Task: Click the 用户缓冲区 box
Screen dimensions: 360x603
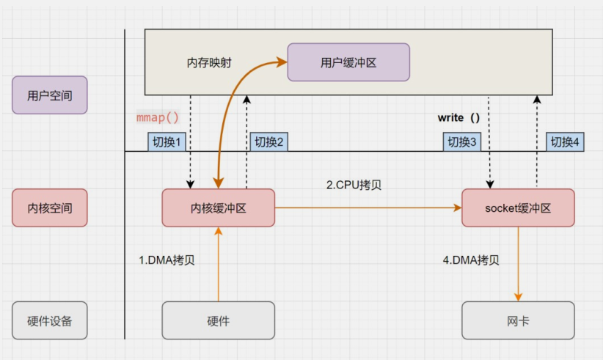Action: [x=348, y=62]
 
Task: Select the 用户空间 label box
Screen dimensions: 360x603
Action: [x=50, y=95]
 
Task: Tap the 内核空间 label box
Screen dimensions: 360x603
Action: [x=50, y=207]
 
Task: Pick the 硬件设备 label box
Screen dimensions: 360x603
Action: [x=50, y=320]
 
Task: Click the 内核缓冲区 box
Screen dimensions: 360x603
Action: [x=218, y=207]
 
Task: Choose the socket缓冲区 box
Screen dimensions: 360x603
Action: [x=518, y=207]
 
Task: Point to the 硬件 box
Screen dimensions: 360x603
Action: [x=218, y=320]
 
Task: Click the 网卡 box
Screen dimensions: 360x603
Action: [x=518, y=320]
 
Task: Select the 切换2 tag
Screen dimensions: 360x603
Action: [x=268, y=142]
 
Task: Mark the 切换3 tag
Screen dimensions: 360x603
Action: [x=462, y=142]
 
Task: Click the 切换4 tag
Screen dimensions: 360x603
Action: [x=566, y=142]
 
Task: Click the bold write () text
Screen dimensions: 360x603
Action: [x=458, y=117]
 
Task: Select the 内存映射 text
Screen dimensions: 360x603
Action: [x=209, y=63]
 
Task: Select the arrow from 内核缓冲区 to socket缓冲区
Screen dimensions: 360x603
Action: [x=367, y=208]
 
